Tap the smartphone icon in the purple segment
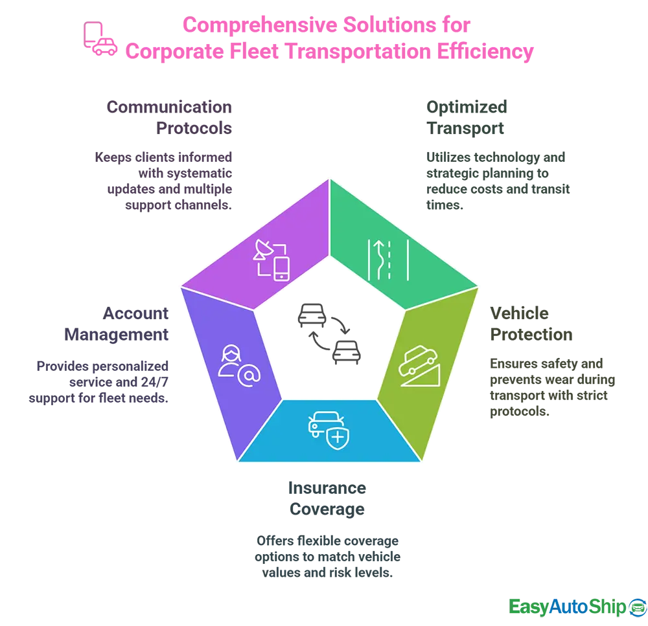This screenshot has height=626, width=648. click(282, 268)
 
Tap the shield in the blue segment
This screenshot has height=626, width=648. click(337, 437)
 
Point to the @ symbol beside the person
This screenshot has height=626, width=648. click(249, 375)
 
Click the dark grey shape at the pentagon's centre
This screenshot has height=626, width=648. click(346, 324)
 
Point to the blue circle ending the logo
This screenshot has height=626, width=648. click(637, 607)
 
